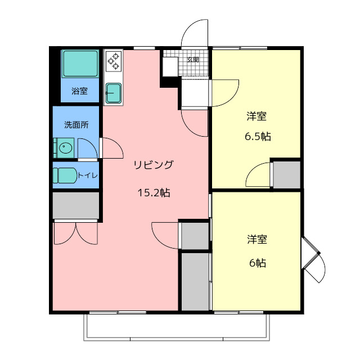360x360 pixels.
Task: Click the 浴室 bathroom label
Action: (79, 91)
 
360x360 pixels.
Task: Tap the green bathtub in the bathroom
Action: (80, 65)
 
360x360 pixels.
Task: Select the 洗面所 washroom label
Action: (75, 124)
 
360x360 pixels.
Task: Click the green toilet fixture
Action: (65, 175)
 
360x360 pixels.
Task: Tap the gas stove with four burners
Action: (113, 61)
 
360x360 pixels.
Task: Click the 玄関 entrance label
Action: (193, 59)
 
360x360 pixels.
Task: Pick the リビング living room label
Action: (153, 165)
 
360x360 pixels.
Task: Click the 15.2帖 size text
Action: (154, 193)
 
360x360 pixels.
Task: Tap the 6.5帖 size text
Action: (257, 136)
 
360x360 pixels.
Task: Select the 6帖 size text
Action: (257, 263)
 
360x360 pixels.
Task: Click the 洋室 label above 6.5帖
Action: (257, 117)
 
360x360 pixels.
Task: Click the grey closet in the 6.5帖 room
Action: (286, 175)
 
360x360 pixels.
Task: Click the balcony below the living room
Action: (177, 326)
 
